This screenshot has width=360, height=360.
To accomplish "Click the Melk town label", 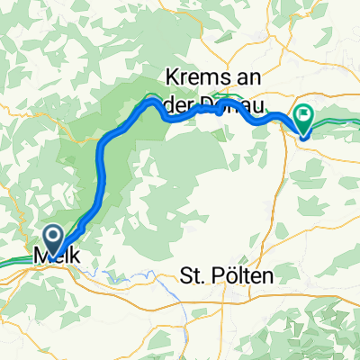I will pos(56,256).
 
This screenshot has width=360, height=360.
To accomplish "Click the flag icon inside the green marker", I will pos(303,115).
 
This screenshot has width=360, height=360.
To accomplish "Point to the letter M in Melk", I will pos(40,256).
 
